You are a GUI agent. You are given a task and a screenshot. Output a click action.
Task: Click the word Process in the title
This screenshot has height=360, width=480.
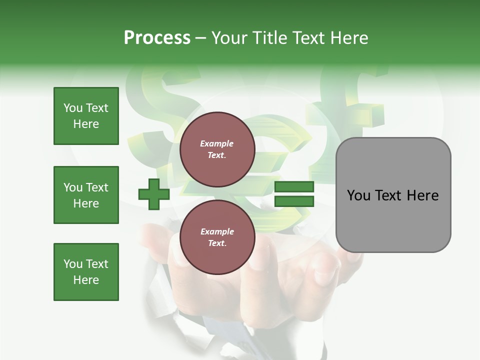pos(157,38)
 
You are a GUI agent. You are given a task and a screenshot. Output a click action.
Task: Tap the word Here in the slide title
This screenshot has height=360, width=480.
pos(348,38)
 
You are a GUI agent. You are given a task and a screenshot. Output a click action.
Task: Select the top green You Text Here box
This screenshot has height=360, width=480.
pos(86,116)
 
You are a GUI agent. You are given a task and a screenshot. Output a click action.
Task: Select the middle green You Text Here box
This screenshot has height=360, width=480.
pos(86,195)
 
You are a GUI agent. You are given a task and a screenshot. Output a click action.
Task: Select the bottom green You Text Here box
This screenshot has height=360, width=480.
pos(86,272)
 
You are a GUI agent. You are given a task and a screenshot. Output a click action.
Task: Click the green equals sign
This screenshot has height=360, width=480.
pos(294,194)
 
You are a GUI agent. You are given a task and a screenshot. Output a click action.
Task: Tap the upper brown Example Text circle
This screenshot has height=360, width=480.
pos(217,149)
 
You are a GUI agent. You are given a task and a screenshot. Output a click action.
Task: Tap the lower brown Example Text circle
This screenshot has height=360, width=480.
pos(217,237)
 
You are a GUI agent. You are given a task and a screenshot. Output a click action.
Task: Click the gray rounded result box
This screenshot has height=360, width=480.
pos(393,220)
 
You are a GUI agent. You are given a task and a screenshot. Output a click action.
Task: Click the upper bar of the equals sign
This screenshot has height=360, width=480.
pos(294,187)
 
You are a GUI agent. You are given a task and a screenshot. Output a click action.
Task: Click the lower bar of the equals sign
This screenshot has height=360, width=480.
pos(294,201)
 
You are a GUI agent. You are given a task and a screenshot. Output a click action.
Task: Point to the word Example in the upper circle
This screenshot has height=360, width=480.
pos(217,143)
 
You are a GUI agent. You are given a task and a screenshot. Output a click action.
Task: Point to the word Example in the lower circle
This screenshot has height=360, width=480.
pos(217,231)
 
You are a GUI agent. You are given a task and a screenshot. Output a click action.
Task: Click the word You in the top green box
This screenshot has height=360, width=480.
pos(73,108)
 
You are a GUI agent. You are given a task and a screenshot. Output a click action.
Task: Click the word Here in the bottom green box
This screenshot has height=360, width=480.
pos(86,280)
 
